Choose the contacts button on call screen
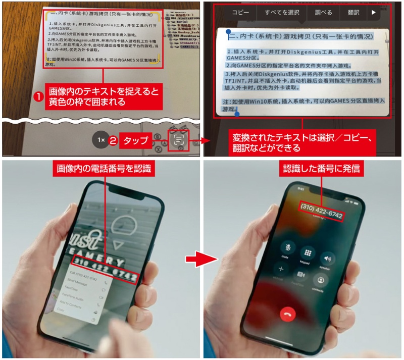click(320, 280)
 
